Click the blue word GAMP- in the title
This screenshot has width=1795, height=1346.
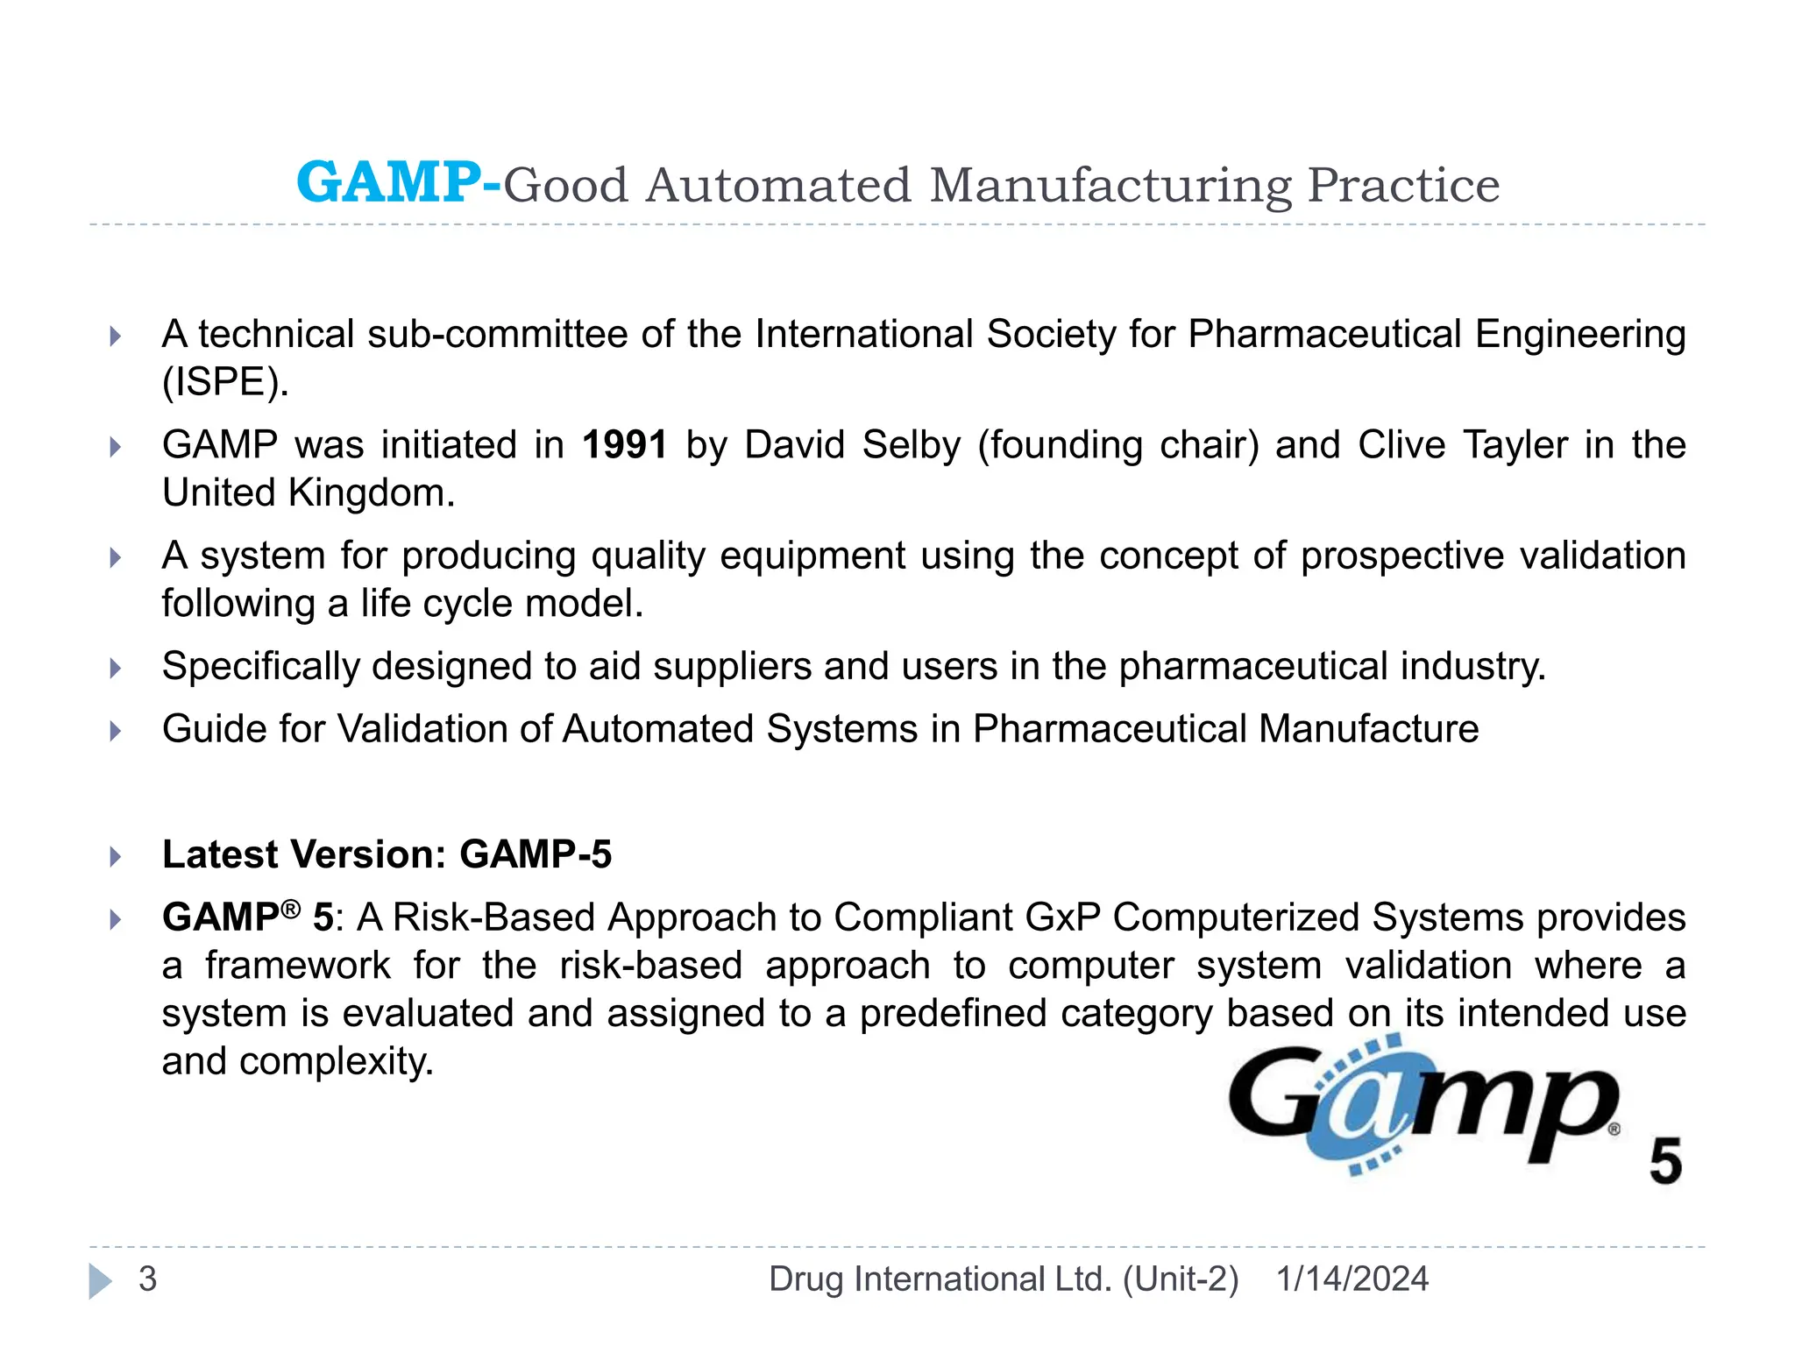point(399,183)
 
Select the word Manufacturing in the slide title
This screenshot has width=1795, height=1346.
point(1110,186)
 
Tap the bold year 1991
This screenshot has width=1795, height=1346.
point(625,445)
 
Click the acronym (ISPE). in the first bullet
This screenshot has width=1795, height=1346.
point(225,382)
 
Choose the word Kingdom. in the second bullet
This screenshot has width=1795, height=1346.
point(372,493)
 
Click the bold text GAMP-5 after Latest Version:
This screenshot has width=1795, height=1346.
point(536,854)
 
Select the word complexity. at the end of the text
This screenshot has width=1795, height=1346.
point(337,1062)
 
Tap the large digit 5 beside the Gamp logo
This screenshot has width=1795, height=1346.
point(1665,1161)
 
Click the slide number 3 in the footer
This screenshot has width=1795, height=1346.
point(148,1279)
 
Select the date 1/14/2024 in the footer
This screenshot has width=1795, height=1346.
point(1352,1279)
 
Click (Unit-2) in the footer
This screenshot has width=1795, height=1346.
point(1181,1279)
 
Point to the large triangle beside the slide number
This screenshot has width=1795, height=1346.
point(101,1281)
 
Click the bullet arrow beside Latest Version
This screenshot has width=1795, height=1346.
point(116,856)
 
